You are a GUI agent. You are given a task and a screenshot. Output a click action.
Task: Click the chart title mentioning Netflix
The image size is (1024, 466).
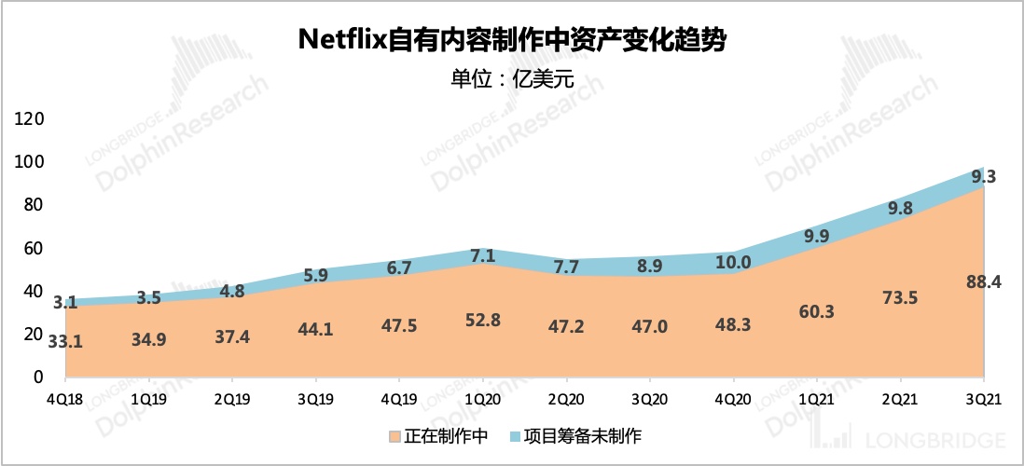click(x=511, y=40)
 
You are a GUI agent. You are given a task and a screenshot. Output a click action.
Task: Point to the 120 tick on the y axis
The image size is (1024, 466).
click(x=31, y=119)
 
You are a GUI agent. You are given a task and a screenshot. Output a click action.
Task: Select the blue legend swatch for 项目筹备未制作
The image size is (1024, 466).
click(x=512, y=436)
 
